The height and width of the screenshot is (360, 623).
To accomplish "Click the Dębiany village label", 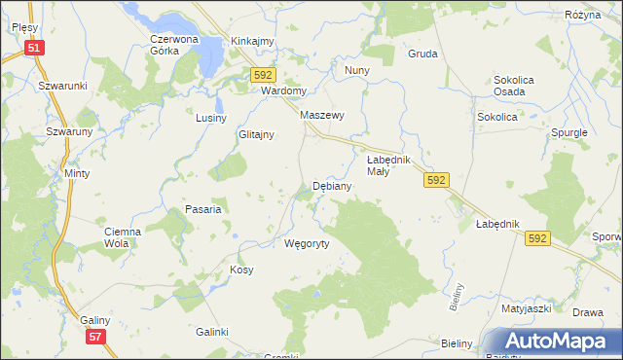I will pyautogui.click(x=332, y=185).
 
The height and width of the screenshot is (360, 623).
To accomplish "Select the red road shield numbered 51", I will pyautogui.click(x=34, y=48).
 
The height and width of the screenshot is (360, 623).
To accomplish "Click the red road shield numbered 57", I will pyautogui.click(x=94, y=337).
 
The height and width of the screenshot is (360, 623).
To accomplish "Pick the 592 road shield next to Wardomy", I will pyautogui.click(x=264, y=75).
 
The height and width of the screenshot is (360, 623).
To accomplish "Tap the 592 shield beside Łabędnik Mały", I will pyautogui.click(x=437, y=180).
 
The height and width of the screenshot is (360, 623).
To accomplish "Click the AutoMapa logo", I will pyautogui.click(x=555, y=342).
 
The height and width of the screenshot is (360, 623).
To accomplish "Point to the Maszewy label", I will pyautogui.click(x=323, y=115).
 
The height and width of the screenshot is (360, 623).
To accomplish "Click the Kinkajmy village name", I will pyautogui.click(x=252, y=41).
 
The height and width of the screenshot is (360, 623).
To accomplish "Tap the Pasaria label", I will pyautogui.click(x=204, y=209).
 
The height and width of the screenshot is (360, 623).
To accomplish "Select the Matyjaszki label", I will pyautogui.click(x=527, y=307).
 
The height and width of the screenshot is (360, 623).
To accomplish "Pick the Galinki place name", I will pyautogui.click(x=211, y=332).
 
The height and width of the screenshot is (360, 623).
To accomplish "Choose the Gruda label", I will pyautogui.click(x=422, y=54).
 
